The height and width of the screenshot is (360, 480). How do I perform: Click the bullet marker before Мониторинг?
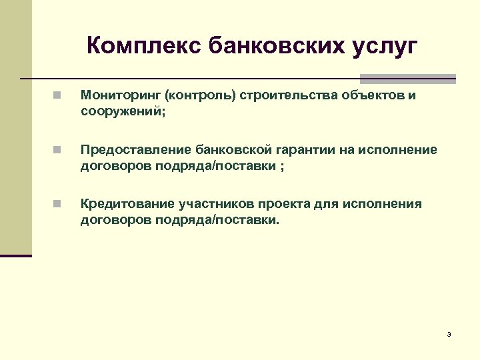pyautogui.click(x=59, y=96)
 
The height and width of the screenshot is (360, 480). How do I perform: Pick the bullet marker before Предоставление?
pyautogui.click(x=59, y=150)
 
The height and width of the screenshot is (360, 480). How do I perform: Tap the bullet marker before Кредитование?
pyautogui.click(x=59, y=204)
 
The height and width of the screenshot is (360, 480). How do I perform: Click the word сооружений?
pyautogui.click(x=119, y=112)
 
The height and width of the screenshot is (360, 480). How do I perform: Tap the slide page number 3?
pyautogui.click(x=449, y=334)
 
